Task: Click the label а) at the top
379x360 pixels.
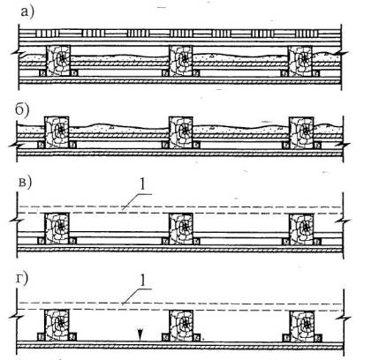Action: coord(27,12)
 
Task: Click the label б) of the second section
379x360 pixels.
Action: coord(22,110)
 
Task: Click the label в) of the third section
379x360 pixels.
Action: coord(25,183)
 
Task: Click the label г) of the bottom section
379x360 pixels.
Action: coord(21,279)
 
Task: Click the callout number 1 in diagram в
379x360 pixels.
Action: coord(142,184)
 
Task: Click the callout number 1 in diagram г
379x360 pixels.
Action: coord(142,281)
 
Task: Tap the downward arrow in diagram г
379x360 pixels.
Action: coord(140,335)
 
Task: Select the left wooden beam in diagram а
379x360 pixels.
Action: coord(58,60)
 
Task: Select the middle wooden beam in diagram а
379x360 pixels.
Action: coord(181,60)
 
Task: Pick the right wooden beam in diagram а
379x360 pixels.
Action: coord(300,60)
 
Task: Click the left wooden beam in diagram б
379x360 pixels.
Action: coord(57,132)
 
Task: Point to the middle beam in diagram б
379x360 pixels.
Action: coord(181,132)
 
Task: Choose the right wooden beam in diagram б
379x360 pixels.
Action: coord(301,132)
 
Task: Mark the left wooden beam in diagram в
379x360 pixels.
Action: coord(57,229)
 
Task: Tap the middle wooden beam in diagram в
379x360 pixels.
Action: coord(181,229)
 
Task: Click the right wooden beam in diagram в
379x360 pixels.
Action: coord(301,229)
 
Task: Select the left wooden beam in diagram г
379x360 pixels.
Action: coord(57,325)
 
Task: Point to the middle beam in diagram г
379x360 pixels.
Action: coord(181,325)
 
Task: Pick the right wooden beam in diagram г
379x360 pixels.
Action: coord(302,325)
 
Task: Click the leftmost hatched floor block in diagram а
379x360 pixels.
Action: coord(48,34)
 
